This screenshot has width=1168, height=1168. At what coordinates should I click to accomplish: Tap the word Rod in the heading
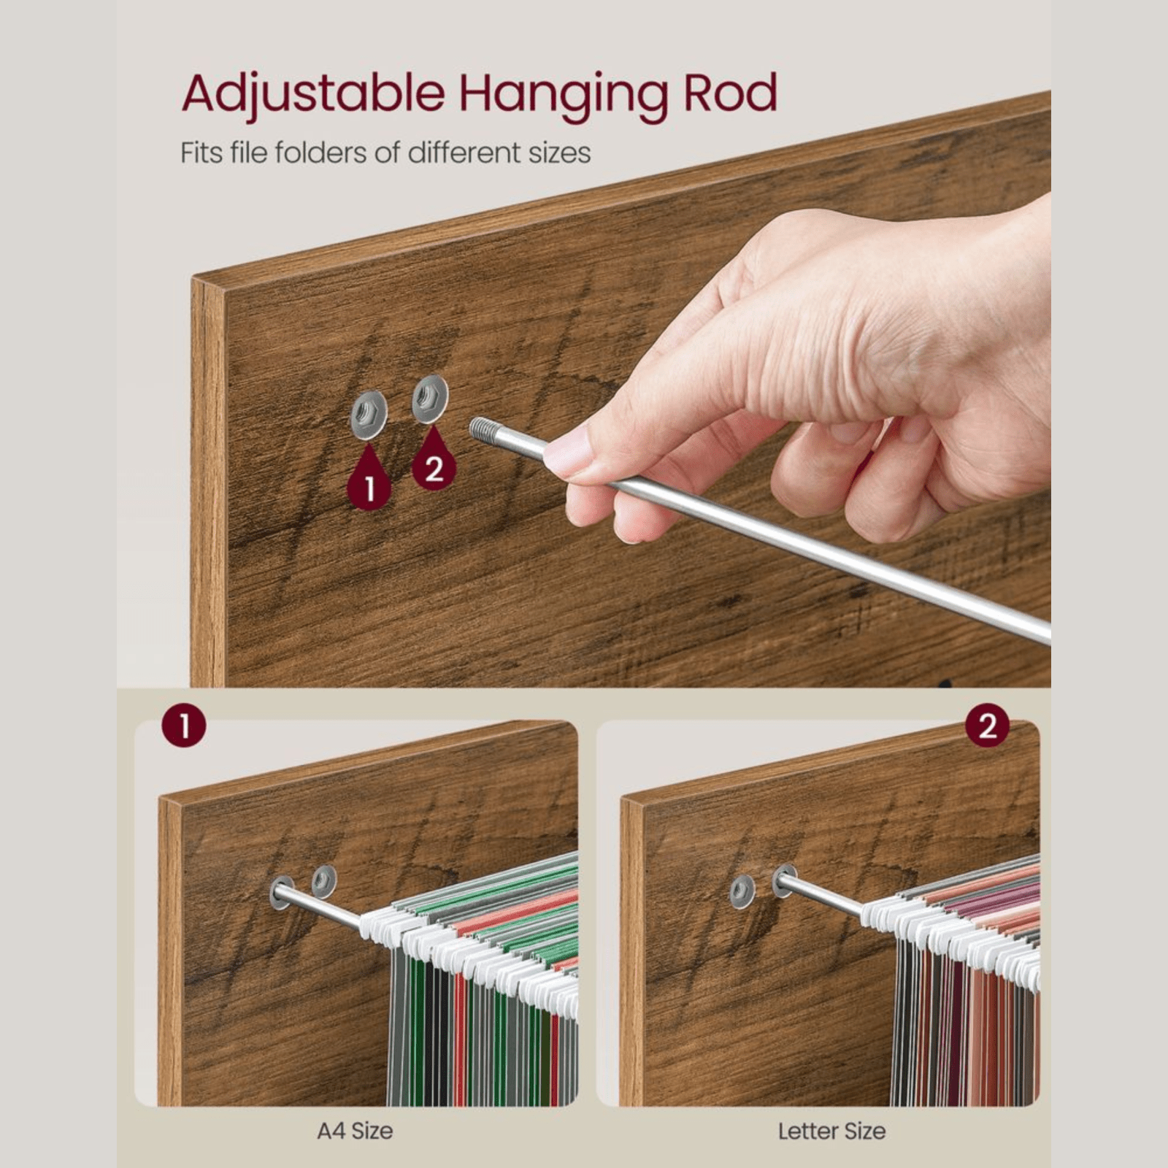tap(730, 93)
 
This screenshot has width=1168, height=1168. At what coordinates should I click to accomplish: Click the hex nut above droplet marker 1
tap(369, 415)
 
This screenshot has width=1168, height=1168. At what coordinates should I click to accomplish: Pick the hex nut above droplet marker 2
tap(430, 398)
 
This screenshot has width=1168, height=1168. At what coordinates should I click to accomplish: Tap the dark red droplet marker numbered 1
tap(369, 480)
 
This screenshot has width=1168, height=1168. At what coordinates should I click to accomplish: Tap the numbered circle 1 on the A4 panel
tap(184, 726)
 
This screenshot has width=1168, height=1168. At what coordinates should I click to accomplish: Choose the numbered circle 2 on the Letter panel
tap(987, 726)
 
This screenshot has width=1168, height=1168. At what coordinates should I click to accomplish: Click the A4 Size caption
tap(355, 1131)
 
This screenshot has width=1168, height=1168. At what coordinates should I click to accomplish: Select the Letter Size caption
tap(831, 1131)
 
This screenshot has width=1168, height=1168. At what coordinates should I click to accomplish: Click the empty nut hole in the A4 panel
tap(323, 881)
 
